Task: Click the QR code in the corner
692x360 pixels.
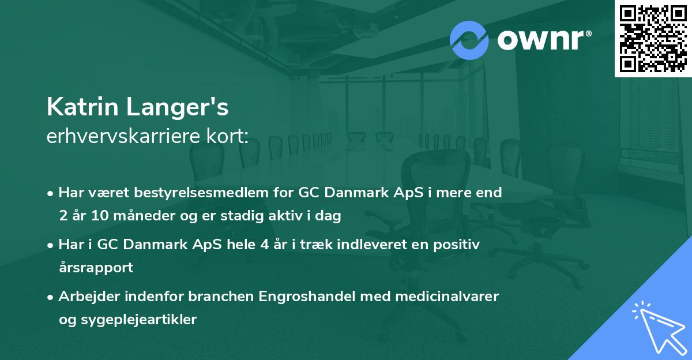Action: point(653,39)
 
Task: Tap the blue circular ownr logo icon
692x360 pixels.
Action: point(469,40)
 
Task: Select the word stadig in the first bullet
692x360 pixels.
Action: point(260,216)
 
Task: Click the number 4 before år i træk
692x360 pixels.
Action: point(264,245)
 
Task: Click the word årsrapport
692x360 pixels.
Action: point(96,268)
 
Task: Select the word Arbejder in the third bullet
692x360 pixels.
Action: point(86,297)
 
